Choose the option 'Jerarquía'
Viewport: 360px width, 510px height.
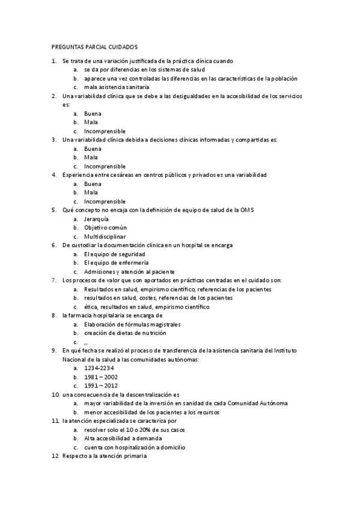97,219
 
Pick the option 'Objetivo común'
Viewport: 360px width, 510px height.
105,228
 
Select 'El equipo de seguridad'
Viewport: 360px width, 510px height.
114,254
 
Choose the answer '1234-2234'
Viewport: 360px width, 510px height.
99,367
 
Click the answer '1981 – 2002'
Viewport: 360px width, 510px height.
101,376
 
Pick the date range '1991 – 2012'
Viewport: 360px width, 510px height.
101,386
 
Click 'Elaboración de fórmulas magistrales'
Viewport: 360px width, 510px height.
132,324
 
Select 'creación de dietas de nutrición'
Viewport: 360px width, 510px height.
125,333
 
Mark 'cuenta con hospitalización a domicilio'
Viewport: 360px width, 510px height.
135,447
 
